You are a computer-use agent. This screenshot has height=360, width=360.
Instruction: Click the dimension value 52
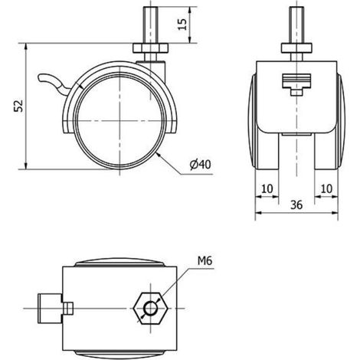[x=18, y=106]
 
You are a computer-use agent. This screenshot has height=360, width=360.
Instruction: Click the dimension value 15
[x=182, y=25]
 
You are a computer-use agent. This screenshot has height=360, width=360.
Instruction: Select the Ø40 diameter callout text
[x=201, y=165]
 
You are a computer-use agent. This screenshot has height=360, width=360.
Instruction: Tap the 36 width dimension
[x=296, y=205]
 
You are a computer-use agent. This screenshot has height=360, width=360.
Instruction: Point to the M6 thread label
[x=205, y=260]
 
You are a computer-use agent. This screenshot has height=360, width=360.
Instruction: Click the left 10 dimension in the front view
[x=267, y=188]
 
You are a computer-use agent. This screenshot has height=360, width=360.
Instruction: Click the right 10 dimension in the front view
[x=326, y=188]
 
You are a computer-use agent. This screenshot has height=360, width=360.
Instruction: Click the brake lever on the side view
[x=52, y=81]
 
